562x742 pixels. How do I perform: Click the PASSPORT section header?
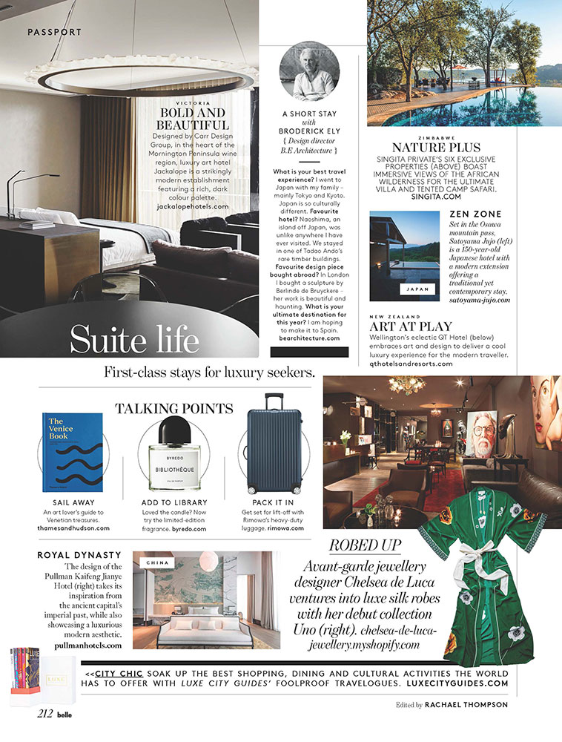(x=54, y=32)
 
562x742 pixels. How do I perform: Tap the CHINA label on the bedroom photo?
(x=157, y=562)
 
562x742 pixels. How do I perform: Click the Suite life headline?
(x=134, y=339)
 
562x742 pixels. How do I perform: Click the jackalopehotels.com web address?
(x=193, y=209)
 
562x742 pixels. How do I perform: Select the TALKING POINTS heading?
(x=173, y=407)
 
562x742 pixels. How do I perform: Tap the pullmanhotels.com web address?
(x=88, y=646)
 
